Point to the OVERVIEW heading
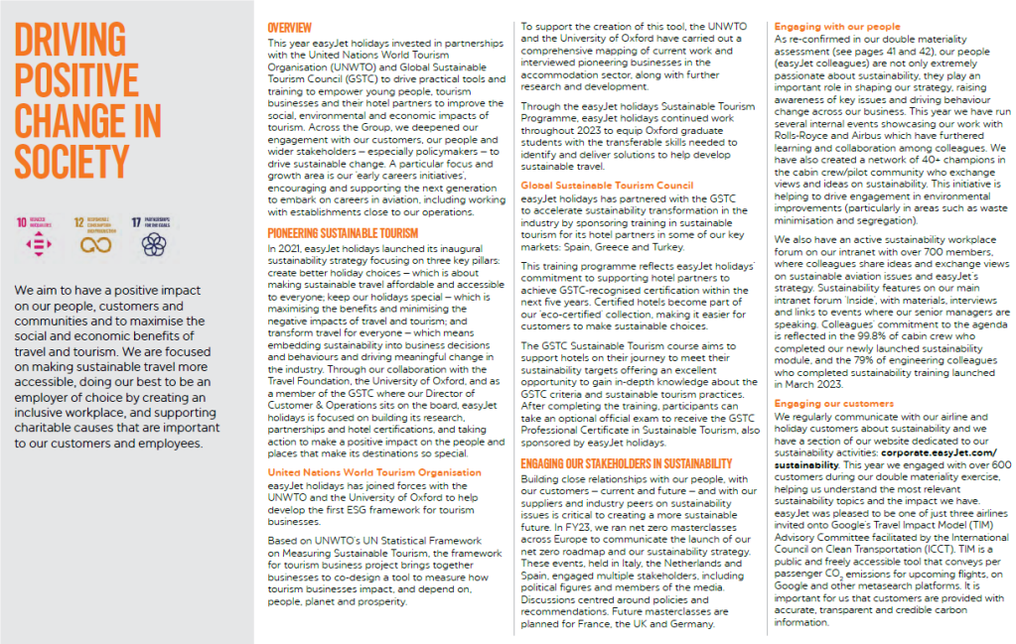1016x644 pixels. (290, 27)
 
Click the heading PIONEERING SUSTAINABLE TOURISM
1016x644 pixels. (344, 233)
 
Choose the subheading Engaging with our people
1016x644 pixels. (824, 26)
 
